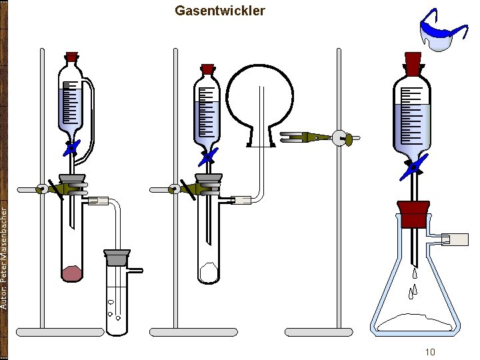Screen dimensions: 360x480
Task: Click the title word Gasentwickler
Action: point(219,11)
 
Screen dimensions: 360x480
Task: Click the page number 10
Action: point(430,352)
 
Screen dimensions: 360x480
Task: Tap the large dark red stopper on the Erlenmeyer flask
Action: point(412,215)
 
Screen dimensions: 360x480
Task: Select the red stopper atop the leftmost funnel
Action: point(72,57)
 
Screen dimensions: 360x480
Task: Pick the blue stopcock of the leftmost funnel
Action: point(71,147)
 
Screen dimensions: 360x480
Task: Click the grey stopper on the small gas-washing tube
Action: point(117,257)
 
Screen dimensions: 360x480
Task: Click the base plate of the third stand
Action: point(319,331)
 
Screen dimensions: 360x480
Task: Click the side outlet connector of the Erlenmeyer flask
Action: point(453,239)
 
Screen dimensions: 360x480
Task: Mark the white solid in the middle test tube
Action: point(208,271)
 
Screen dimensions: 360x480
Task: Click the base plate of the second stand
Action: point(193,331)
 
